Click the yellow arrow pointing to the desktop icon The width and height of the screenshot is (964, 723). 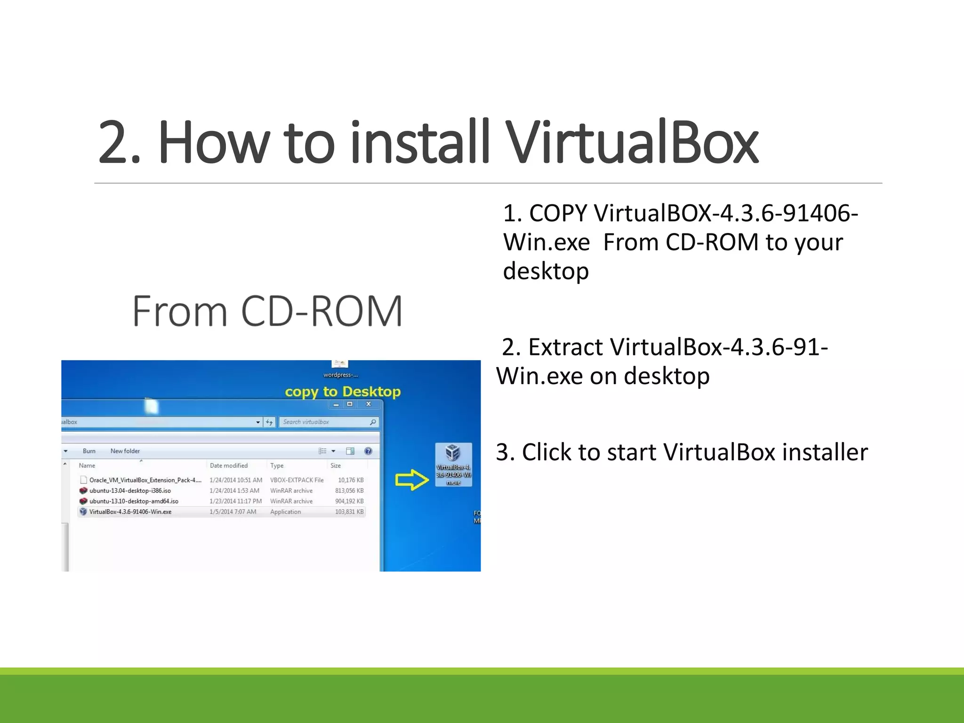[412, 480]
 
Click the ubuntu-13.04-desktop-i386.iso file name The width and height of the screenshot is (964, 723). [130, 490]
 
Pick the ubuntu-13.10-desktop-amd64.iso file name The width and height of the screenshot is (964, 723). [134, 501]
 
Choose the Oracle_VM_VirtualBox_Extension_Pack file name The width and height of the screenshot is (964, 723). [145, 480]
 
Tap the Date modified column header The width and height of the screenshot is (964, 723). [229, 466]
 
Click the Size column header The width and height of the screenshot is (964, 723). [336, 466]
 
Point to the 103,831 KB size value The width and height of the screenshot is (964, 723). [349, 512]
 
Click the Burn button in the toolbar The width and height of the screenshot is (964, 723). [89, 451]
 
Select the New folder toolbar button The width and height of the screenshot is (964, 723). [125, 451]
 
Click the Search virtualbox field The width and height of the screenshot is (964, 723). [325, 422]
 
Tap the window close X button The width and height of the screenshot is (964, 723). [369, 404]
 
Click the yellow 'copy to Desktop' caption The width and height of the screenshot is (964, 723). [343, 392]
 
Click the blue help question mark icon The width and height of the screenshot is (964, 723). [368, 451]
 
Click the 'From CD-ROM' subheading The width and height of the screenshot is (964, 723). [267, 311]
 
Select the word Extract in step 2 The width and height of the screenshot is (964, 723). [565, 347]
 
